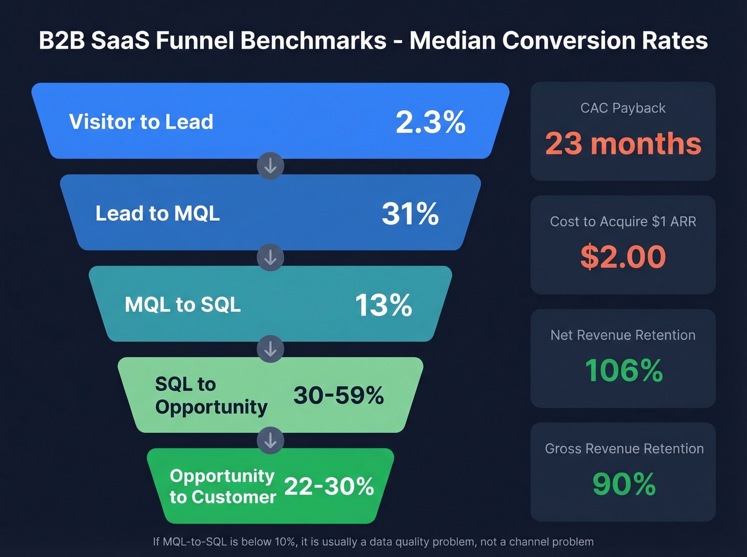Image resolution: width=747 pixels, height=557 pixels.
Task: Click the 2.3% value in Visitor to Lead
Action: coord(431,122)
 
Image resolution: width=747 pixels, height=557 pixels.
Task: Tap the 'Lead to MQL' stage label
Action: coord(157,213)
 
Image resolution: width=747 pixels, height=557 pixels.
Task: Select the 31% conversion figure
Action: coord(410,214)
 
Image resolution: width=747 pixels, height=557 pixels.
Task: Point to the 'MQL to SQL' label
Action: coord(182,305)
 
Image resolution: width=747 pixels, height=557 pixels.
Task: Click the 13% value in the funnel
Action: coord(383,305)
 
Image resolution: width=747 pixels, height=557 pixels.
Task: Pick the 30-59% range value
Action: coord(338,395)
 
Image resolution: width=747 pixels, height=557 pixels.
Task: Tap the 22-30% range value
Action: coord(329,486)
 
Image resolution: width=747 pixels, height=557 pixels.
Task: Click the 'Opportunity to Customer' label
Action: coord(222,486)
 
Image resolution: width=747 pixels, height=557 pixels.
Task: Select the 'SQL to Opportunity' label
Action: coord(211,395)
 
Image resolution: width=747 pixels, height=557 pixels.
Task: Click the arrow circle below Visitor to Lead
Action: coord(271,166)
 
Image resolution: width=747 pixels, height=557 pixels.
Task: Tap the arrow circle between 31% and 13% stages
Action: coord(271,257)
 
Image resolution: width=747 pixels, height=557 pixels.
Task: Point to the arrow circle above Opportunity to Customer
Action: coord(271,440)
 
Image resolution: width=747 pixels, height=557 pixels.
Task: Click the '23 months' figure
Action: coord(623,144)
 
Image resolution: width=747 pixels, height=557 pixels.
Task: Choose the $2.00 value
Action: coord(623,256)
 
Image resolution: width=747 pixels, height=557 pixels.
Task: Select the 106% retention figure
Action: coord(623,370)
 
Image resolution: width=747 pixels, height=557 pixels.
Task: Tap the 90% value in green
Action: coord(624,484)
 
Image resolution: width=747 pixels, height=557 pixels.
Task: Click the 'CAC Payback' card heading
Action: coord(623,108)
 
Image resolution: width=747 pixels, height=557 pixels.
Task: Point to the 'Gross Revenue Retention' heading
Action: coord(624,449)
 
